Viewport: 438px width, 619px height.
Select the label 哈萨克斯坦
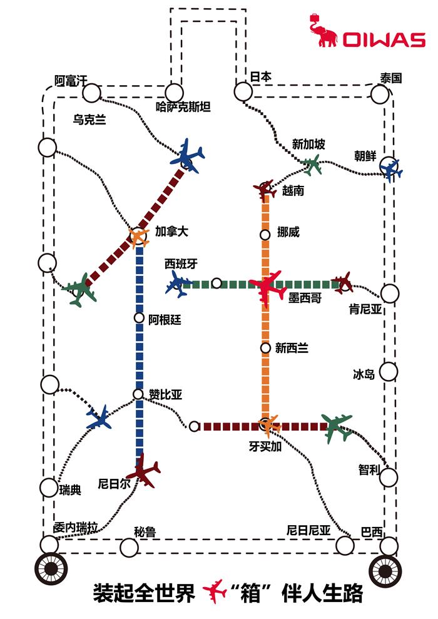183,107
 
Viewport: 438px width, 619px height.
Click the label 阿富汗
71,80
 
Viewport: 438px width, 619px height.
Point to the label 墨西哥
305,299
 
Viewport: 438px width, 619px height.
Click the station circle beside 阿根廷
139,318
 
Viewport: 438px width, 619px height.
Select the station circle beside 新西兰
265,348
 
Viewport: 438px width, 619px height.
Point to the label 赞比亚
165,394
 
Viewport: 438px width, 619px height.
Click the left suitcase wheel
49,568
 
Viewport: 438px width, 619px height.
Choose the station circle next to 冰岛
389,372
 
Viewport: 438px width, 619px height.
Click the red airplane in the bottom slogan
216,591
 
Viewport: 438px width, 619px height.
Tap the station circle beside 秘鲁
129,548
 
